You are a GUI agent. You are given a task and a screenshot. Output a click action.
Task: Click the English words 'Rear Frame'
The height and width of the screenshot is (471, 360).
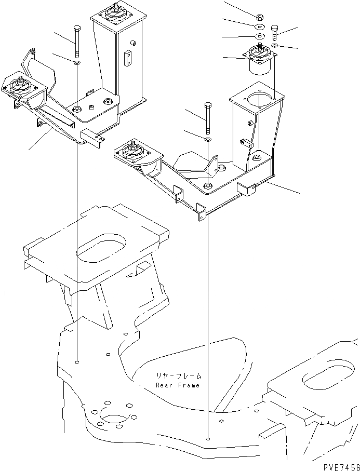(178, 385)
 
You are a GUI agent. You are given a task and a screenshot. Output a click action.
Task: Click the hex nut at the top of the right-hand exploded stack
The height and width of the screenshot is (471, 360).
(260, 14)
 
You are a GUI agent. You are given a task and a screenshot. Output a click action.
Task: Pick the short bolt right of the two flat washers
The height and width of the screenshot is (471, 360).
(274, 33)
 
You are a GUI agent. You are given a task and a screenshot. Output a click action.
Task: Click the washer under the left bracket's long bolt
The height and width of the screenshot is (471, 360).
(77, 63)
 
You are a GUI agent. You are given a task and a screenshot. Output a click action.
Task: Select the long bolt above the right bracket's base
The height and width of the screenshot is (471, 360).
(208, 117)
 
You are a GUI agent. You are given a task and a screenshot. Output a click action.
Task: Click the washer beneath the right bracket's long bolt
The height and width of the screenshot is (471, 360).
(208, 140)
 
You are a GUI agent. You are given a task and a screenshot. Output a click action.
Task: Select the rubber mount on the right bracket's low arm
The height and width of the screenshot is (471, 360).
(131, 154)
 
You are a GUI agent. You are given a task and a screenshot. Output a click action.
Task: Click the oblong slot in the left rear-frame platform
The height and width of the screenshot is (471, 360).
(101, 248)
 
